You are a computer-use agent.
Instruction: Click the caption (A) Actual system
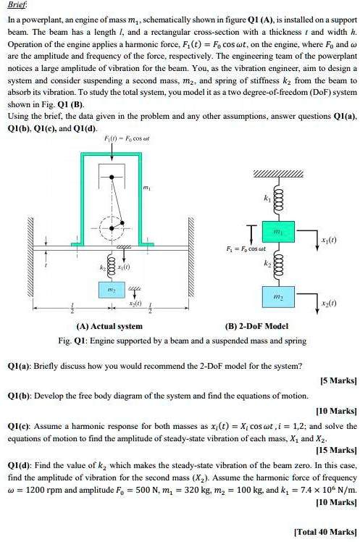click(109, 326)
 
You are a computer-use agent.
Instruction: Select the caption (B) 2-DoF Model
click(256, 326)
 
